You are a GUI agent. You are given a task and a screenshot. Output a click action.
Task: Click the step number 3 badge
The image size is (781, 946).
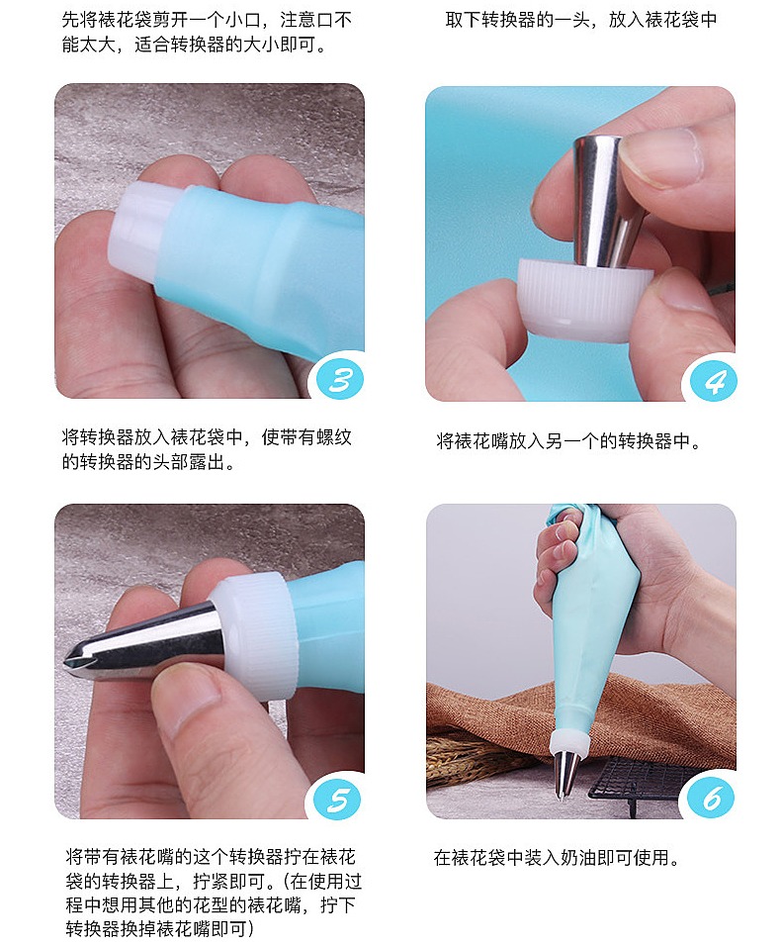point(339,379)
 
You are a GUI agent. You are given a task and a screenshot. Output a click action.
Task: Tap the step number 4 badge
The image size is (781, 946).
point(713,381)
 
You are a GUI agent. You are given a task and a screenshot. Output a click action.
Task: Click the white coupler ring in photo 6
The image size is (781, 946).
point(568,742)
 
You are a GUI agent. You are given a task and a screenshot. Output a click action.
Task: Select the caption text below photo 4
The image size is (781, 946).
point(568,441)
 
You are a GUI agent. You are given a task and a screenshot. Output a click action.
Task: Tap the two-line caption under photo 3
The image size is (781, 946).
point(207,449)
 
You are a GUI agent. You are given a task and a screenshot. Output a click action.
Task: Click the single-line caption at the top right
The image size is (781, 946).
point(581,20)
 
